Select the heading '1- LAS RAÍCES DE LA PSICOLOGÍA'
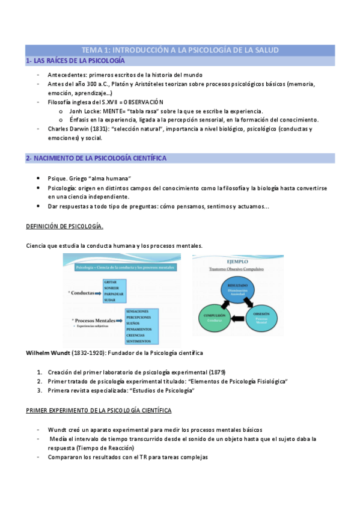75,61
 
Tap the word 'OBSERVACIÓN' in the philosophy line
143,102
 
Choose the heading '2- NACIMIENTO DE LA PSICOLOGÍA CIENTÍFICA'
96,158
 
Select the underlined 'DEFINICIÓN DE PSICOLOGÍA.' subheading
65,226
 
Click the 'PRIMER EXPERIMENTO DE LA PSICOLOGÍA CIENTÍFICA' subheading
99,410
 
